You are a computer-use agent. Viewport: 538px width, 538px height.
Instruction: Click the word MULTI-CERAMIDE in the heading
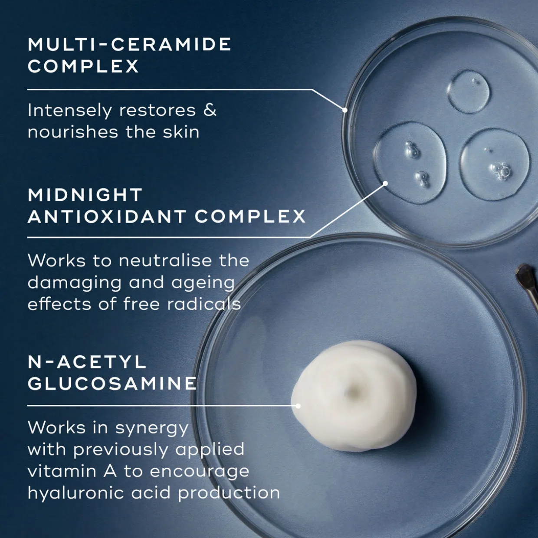tap(130, 44)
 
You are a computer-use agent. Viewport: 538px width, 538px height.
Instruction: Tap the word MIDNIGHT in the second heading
tap(85, 195)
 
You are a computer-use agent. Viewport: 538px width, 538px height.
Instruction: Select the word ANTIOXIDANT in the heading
tap(107, 217)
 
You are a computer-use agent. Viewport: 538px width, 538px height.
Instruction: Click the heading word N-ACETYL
tap(87, 362)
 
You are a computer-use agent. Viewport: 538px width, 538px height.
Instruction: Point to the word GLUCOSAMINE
tap(112, 384)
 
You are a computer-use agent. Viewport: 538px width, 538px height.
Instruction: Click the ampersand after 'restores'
tap(210, 110)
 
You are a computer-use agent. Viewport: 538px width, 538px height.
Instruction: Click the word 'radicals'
tap(204, 303)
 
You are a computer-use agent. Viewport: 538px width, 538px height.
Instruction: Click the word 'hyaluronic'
tap(76, 493)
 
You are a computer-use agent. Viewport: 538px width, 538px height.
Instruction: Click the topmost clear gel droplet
tap(469, 91)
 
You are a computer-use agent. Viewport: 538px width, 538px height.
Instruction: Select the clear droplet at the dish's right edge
tap(495, 164)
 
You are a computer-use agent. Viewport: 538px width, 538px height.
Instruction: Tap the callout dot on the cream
tap(298, 406)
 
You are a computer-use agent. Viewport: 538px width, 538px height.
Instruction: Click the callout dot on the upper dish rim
tap(345, 110)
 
